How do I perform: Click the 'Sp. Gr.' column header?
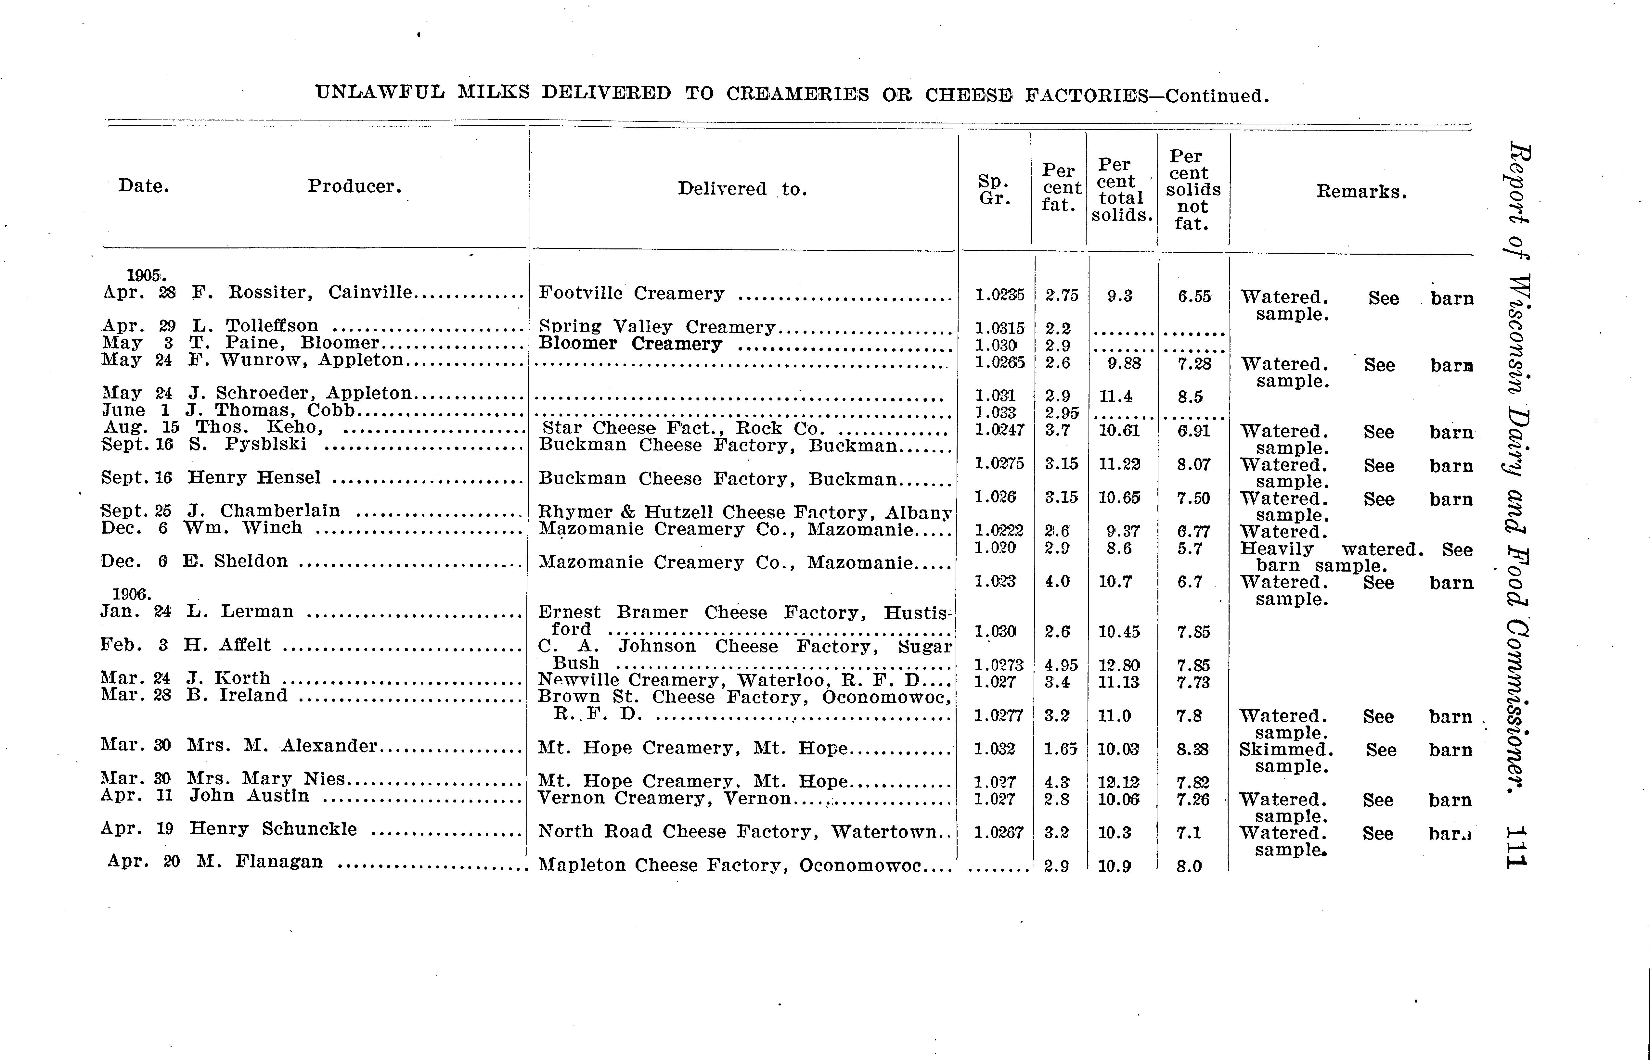[994, 190]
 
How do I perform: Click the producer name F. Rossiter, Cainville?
[302, 293]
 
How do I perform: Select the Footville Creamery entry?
[631, 294]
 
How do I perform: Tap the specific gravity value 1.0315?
[999, 328]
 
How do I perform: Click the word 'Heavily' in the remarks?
[1276, 549]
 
